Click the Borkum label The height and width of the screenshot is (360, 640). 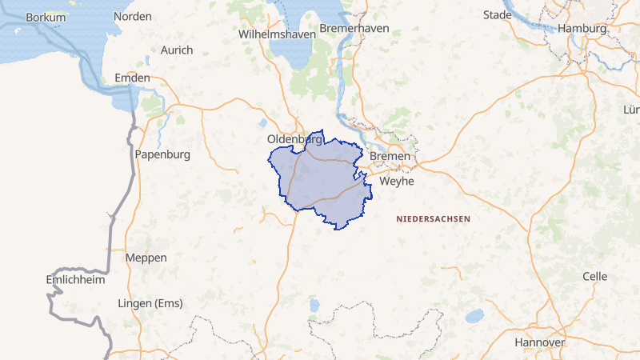pos(46,17)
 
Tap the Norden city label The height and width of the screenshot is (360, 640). pos(133,17)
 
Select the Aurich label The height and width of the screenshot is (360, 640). pos(177,50)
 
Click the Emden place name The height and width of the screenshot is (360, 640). pos(133,78)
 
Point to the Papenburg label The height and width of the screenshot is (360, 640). pos(162,154)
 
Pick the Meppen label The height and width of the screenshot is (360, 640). pos(146,258)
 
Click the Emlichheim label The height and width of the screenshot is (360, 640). pos(74,281)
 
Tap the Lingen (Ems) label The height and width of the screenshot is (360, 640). pos(150,303)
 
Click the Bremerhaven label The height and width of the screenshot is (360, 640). pos(354,28)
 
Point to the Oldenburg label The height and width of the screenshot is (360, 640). pos(294,139)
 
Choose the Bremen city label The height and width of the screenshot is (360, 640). pos(390,156)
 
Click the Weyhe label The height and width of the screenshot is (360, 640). pos(397,181)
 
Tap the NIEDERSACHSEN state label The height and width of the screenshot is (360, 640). pos(434,218)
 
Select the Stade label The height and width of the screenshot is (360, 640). pos(497,15)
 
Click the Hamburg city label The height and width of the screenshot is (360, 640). pos(582,28)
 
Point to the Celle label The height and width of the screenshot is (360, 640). pos(594,276)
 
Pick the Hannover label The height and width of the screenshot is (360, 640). pos(539,342)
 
